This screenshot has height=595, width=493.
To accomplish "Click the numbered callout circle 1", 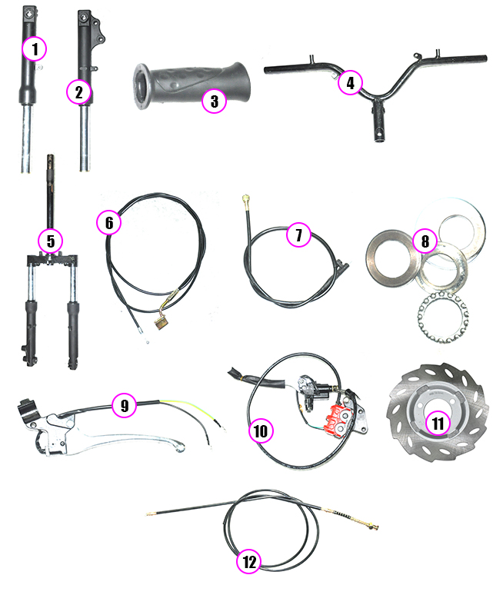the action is (x=34, y=49).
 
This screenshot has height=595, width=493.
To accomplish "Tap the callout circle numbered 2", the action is (x=79, y=92).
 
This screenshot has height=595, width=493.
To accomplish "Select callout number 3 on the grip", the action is (x=214, y=101).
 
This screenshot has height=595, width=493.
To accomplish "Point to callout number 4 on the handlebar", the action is (x=350, y=83).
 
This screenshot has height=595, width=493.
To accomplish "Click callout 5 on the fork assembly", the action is (x=51, y=241).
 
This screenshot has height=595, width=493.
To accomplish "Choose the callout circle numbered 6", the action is (x=109, y=223).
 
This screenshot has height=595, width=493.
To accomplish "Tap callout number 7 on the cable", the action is (x=298, y=234).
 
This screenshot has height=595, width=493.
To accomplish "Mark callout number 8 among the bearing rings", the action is (x=425, y=241).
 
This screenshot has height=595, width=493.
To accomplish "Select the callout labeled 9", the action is (x=125, y=405).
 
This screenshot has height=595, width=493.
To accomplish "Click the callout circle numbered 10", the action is (x=261, y=430).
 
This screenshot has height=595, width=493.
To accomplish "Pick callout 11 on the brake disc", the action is (x=438, y=423).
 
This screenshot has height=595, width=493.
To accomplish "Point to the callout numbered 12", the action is (x=249, y=562).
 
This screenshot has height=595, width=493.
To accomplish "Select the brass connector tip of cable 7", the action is (x=245, y=199).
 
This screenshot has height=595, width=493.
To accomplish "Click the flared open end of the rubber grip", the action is (x=140, y=87).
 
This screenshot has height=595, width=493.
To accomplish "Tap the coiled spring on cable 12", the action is (x=344, y=515).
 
